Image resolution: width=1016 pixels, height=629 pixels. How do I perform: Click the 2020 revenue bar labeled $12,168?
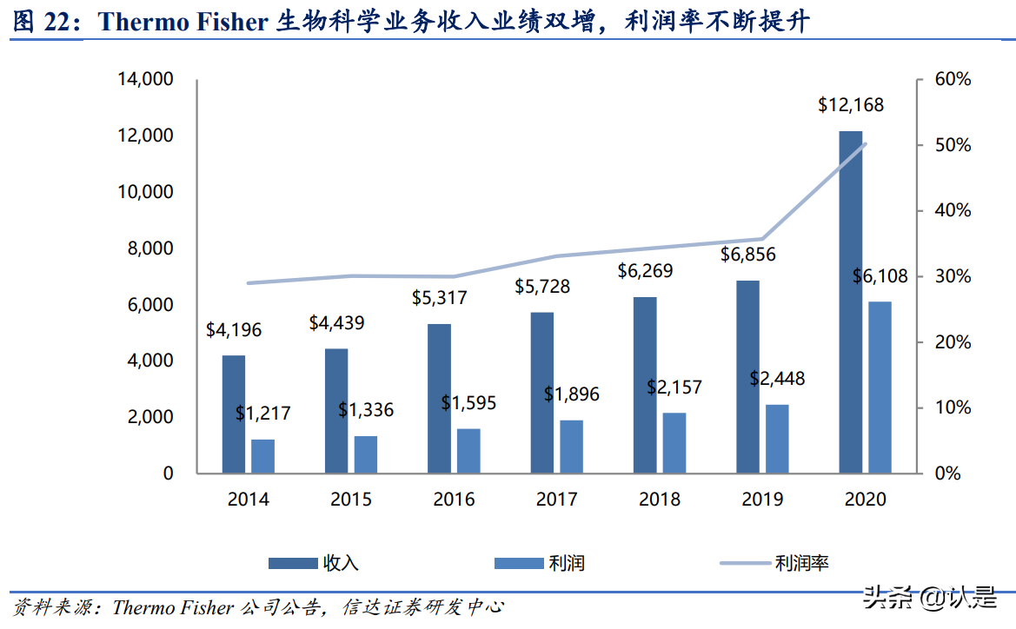[x=850, y=301]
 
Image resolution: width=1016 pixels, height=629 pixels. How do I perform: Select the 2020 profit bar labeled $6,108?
[x=880, y=387]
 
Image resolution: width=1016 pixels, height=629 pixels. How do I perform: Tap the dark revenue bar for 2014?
[x=233, y=414]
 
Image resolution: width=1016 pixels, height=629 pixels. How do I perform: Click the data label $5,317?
[x=439, y=298]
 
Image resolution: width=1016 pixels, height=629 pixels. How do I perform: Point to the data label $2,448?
[x=777, y=379]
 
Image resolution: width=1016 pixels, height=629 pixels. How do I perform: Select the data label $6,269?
[x=645, y=271]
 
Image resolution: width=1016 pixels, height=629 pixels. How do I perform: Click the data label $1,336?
[x=365, y=409]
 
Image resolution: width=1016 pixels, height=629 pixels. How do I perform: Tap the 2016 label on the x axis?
[x=454, y=500]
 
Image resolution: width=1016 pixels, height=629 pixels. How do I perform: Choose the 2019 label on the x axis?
[x=762, y=500]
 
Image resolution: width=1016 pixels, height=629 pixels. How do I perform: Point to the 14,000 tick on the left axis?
[x=146, y=80]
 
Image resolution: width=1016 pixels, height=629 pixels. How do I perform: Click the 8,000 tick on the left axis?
[x=151, y=248]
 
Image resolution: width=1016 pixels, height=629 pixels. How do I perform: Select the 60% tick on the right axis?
[x=953, y=80]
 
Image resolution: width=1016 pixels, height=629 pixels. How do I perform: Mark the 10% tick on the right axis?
[x=953, y=408]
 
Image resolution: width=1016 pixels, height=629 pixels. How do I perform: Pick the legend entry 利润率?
[x=801, y=563]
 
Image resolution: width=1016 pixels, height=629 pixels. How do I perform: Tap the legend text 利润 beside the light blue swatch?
[x=566, y=563]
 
